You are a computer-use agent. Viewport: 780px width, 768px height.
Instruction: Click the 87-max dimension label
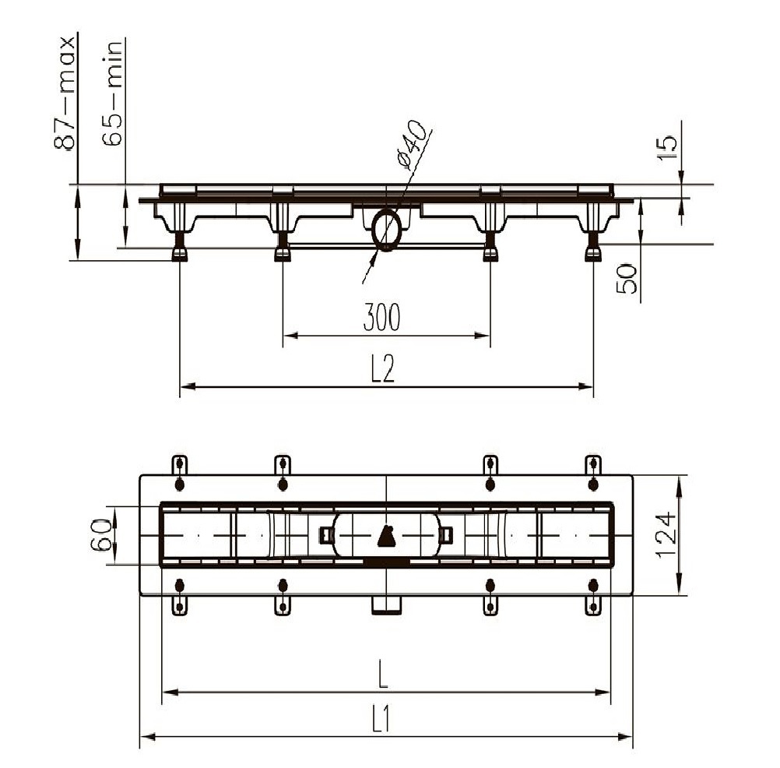click(65, 93)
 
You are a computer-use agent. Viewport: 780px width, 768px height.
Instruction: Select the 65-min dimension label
click(112, 93)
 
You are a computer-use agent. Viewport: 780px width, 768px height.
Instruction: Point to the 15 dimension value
click(667, 147)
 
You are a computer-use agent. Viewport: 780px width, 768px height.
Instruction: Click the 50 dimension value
click(627, 279)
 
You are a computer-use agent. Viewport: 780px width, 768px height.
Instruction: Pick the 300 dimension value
click(381, 317)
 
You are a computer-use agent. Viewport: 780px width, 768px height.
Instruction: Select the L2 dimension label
click(382, 369)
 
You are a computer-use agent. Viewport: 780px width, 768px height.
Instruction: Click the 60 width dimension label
click(101, 535)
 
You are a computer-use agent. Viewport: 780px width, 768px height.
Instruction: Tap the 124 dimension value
click(666, 535)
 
